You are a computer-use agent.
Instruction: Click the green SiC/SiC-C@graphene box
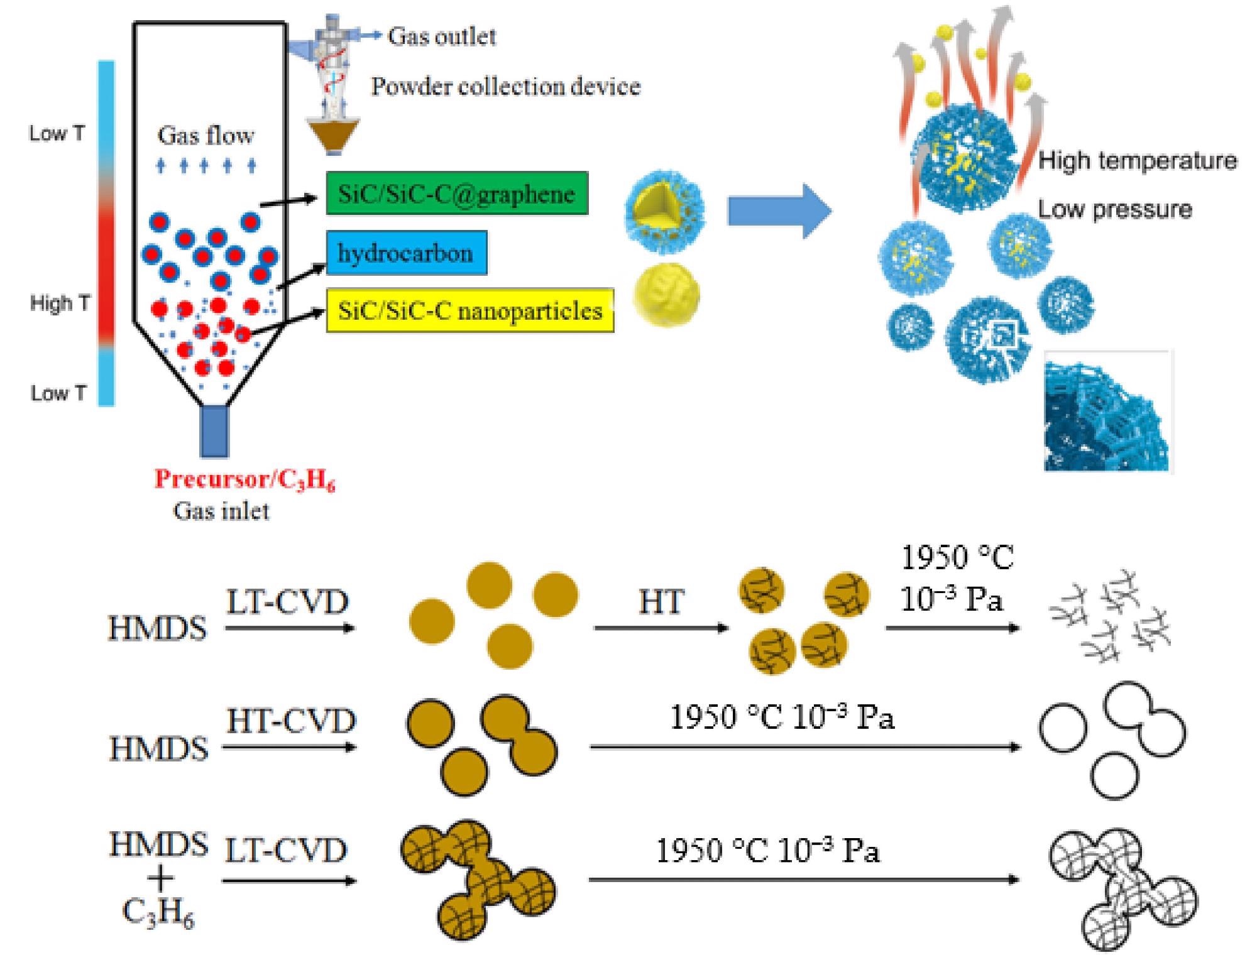point(457,194)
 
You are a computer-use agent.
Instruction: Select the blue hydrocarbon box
point(406,253)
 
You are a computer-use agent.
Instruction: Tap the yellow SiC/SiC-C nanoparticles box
point(469,310)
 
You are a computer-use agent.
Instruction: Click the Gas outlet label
point(442,36)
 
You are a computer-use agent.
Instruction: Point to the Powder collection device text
point(505,86)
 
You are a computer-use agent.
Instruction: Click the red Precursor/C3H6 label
point(245,479)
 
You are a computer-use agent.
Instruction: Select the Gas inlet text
point(221,511)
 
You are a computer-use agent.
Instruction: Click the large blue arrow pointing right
point(779,211)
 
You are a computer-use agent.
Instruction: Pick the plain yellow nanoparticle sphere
point(666,297)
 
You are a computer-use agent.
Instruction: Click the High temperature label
point(1137,160)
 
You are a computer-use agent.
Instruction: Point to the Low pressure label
point(1114,209)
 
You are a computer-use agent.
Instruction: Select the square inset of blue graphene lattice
point(1107,412)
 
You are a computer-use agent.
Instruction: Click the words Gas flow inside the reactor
point(206,135)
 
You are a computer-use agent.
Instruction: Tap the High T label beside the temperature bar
point(60,303)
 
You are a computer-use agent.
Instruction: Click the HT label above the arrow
point(661,603)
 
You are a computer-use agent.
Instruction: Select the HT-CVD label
point(291,721)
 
